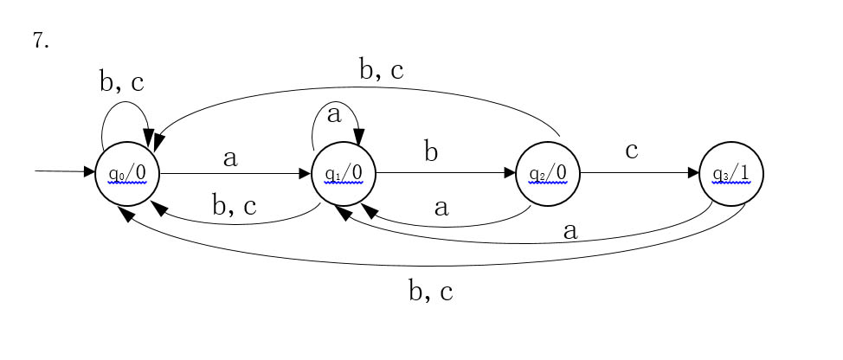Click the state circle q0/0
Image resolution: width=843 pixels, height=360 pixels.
pyautogui.click(x=128, y=173)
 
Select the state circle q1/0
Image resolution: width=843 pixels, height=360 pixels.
pyautogui.click(x=344, y=173)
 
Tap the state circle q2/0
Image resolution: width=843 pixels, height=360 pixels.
pyautogui.click(x=548, y=173)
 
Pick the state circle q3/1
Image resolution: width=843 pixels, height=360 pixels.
pyautogui.click(x=731, y=173)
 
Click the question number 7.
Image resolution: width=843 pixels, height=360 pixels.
pyautogui.click(x=41, y=42)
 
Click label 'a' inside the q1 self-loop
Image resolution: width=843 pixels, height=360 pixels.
pyautogui.click(x=334, y=113)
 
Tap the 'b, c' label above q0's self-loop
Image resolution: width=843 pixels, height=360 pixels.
pyautogui.click(x=122, y=82)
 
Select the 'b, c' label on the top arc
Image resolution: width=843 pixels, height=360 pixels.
pyautogui.click(x=382, y=70)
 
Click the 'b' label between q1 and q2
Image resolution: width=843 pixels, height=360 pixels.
pyautogui.click(x=431, y=152)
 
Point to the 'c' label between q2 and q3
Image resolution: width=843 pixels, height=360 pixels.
pyautogui.click(x=632, y=150)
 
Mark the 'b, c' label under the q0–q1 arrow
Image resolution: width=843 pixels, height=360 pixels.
pyautogui.click(x=235, y=206)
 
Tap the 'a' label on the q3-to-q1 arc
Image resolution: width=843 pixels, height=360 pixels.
pyautogui.click(x=570, y=231)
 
